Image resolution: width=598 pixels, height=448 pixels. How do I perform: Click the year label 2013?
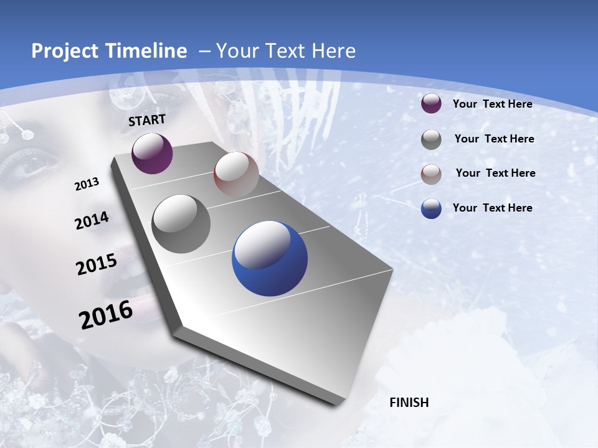87,184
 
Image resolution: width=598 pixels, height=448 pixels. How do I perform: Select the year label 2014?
92,220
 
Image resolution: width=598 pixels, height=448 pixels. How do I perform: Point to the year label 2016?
106,314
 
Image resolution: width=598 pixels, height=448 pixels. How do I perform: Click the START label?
147,120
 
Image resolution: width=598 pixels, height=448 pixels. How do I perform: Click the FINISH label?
409,403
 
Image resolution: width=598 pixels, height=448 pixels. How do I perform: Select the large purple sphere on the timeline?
152,153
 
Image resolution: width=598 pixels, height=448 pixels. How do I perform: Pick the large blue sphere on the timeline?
270,258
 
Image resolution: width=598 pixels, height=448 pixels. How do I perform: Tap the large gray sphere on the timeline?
181,223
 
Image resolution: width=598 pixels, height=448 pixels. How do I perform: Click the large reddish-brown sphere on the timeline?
236,174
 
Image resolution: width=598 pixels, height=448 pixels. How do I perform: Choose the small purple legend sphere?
431,104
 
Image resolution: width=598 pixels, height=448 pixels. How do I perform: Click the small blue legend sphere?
431,208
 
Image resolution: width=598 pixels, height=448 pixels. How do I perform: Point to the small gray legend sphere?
431,139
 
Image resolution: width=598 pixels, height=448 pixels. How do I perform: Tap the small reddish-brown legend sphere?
431,174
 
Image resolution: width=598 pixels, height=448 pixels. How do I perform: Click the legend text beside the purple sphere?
492,104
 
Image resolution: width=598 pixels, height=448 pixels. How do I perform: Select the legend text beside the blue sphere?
492,208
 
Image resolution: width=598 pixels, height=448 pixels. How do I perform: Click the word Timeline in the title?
143,51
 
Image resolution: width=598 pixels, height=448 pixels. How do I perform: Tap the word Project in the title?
63,51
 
